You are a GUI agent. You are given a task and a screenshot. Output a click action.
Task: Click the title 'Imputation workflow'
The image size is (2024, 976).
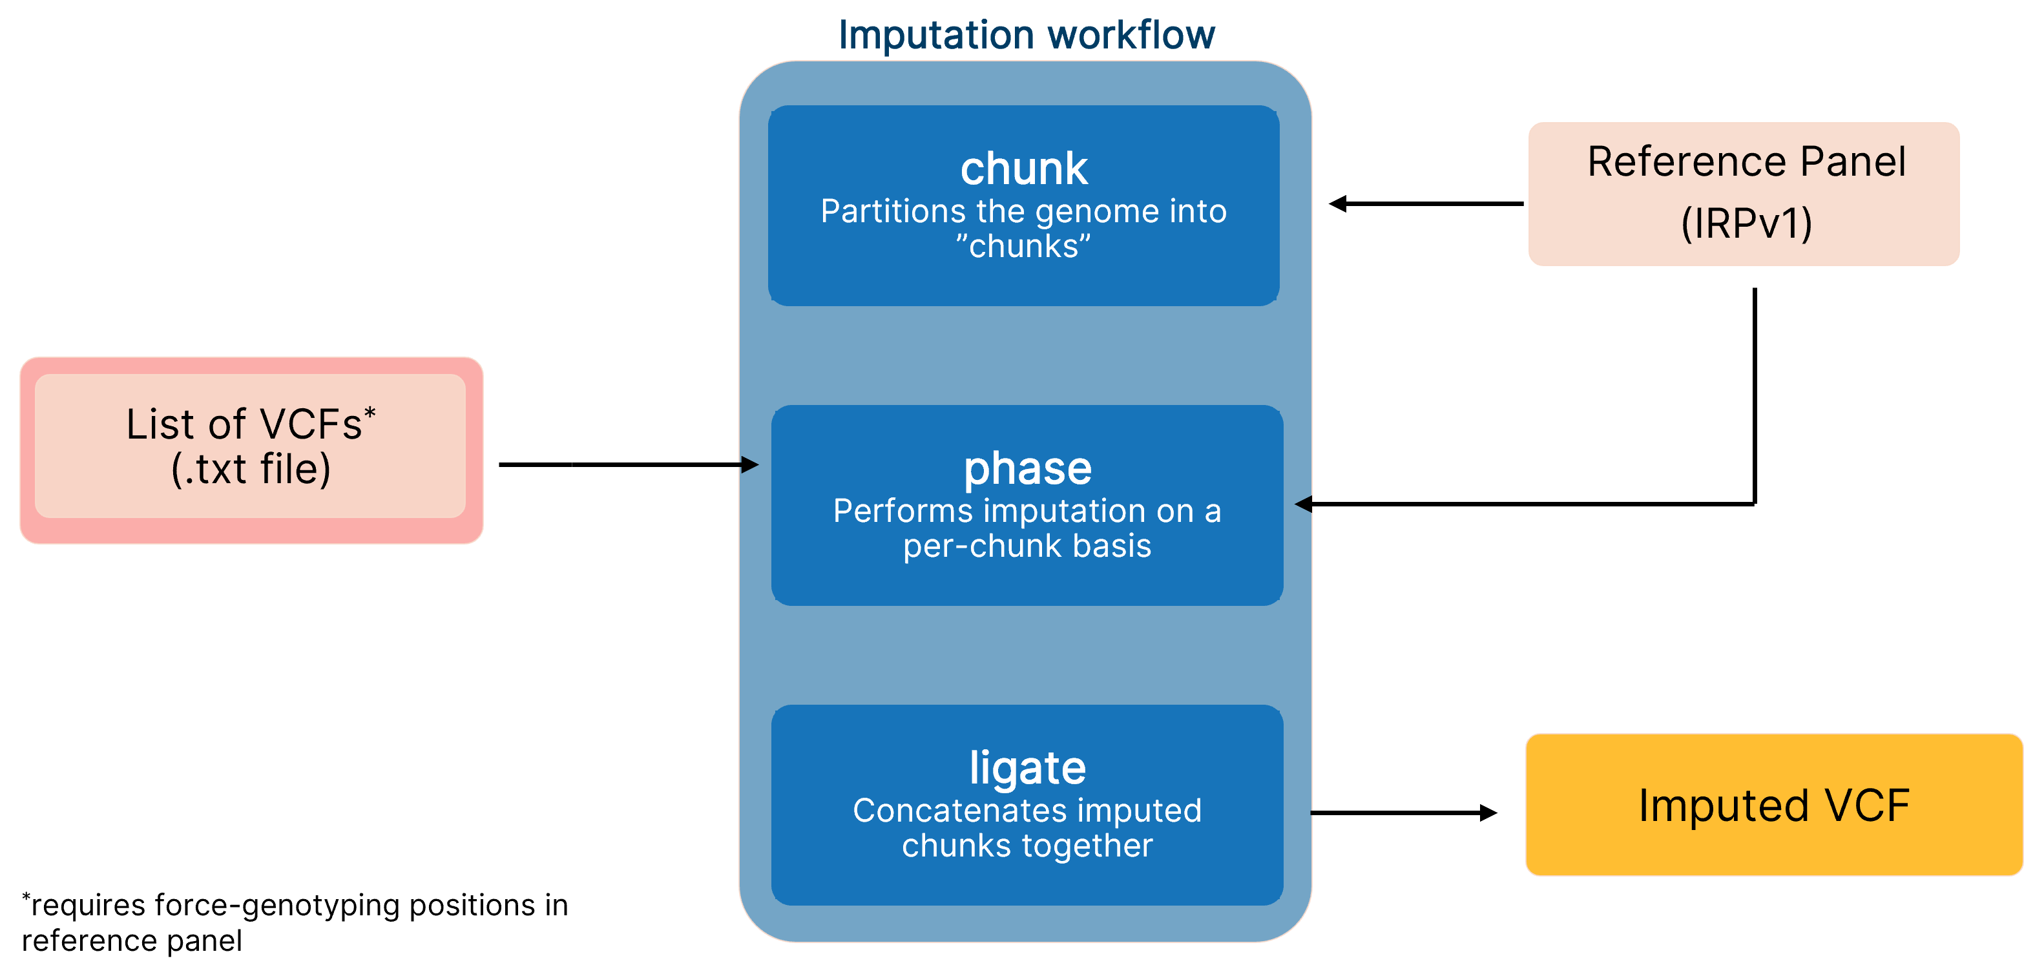coord(1026,35)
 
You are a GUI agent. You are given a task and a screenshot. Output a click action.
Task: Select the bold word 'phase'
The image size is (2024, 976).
coord(1027,468)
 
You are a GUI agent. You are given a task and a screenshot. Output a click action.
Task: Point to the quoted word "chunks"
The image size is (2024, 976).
coord(1023,247)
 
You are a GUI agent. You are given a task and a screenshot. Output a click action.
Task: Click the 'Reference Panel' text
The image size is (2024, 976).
coord(1746,162)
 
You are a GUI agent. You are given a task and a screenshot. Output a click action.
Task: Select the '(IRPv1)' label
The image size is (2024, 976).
coord(1746,223)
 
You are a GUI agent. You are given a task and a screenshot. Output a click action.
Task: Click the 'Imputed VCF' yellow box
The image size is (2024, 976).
coord(1773,805)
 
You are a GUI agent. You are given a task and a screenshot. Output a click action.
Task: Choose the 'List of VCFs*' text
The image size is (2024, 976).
coord(250,424)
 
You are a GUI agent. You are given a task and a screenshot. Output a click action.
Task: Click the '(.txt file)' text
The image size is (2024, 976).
coord(251,469)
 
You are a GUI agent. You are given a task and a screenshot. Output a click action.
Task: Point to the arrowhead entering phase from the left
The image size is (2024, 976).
coord(749,464)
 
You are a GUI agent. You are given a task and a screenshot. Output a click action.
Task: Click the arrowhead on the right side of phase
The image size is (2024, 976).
coord(1304,504)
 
